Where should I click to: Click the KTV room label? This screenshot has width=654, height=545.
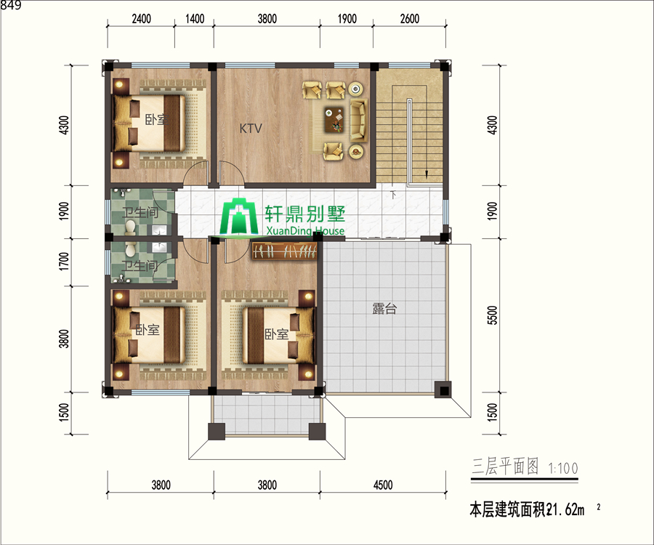coord(251,128)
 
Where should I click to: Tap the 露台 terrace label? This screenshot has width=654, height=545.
coord(384,309)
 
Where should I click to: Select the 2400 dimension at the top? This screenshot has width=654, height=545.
coord(141,19)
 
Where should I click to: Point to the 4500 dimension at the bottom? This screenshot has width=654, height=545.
coord(383,485)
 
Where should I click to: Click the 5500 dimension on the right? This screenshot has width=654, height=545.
coord(492,315)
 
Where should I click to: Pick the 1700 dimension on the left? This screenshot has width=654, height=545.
coord(64,262)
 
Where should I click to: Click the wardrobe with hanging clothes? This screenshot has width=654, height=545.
coord(283,251)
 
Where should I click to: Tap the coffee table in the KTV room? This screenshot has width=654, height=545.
coord(335,119)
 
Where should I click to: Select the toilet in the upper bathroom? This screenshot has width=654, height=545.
coord(130,227)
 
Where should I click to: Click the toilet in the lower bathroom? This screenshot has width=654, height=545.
coord(130,249)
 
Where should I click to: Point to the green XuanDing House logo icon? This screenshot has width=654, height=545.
coord(239,219)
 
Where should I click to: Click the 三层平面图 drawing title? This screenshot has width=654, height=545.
coord(505,467)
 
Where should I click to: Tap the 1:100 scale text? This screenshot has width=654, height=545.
coord(563,469)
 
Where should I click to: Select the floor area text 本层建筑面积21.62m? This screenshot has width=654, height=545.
coord(528,509)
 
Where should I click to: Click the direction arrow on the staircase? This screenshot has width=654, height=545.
coord(427,174)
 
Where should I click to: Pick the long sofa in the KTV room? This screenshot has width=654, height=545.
coord(358,120)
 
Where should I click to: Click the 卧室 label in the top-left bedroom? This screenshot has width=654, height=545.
coord(156,120)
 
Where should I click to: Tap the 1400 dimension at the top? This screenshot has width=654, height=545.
coord(194,19)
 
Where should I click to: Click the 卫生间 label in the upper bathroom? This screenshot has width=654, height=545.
coord(140,213)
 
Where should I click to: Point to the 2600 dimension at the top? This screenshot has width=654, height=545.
coord(410,19)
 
